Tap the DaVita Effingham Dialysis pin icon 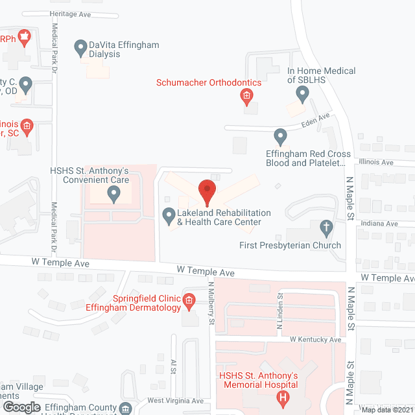pyautogui.click(x=80, y=47)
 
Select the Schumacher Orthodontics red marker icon pyautogui.click(x=246, y=97)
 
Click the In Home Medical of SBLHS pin pyautogui.click(x=302, y=94)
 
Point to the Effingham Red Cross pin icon pyautogui.click(x=280, y=137)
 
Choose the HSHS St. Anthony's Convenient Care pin pyautogui.click(x=113, y=193)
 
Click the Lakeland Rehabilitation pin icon pyautogui.click(x=169, y=215)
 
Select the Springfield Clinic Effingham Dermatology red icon pyautogui.click(x=189, y=300)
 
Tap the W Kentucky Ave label pyautogui.click(x=315, y=339)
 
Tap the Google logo pyautogui.click(x=21, y=407)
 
